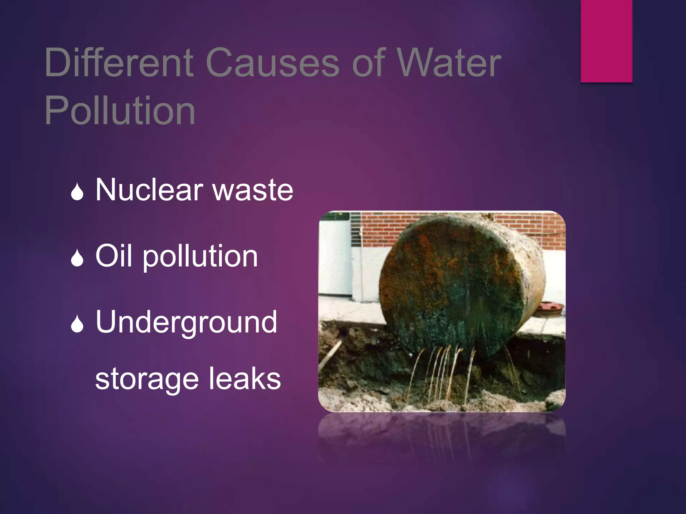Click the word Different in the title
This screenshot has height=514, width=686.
119,63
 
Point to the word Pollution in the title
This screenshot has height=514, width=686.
120,110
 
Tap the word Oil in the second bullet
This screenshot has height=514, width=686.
114,256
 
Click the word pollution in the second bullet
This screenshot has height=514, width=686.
200,257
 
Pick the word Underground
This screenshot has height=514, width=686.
186,322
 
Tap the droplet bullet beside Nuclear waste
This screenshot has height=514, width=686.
77,192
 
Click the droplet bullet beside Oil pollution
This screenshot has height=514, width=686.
77,258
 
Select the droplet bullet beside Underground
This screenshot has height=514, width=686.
77,324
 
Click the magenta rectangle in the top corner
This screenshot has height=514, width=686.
606,41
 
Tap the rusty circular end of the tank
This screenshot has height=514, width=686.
452,288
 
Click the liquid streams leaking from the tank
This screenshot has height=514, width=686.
442,371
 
